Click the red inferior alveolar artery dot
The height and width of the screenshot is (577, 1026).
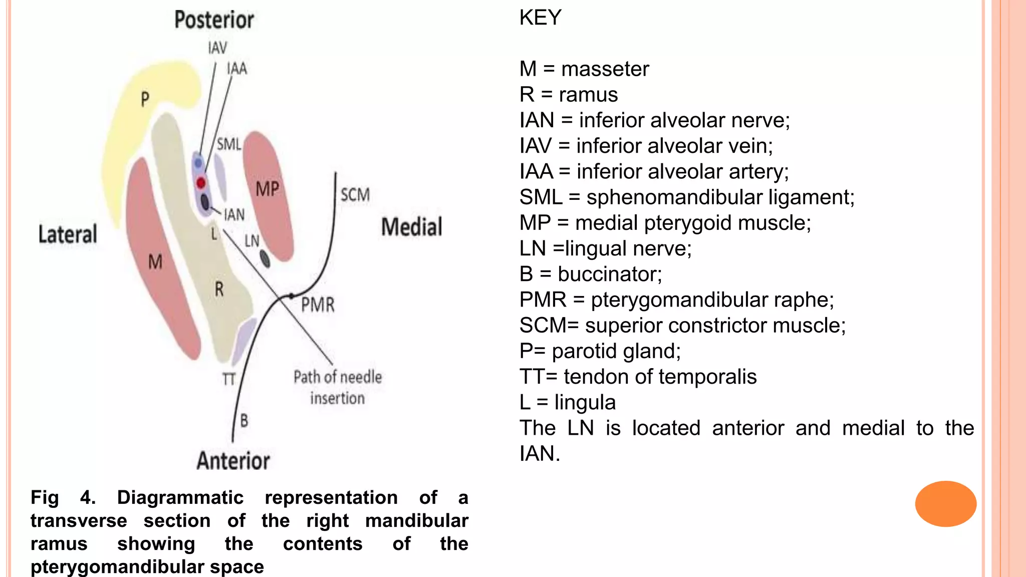tap(201, 183)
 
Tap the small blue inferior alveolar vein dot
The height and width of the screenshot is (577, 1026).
tap(198, 163)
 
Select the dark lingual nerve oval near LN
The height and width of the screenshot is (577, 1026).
tap(265, 259)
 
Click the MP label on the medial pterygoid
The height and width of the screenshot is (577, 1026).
tap(267, 189)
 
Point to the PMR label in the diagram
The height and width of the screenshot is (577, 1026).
tap(318, 305)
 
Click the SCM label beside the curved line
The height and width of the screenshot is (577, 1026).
tap(355, 195)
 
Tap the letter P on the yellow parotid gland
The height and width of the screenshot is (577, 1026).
tap(145, 99)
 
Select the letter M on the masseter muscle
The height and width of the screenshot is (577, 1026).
tap(155, 261)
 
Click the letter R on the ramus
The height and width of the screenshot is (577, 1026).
tap(219, 289)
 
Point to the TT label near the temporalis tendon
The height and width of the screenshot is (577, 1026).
tap(228, 379)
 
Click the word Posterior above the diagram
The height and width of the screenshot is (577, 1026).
tap(214, 20)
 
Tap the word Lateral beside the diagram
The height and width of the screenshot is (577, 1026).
tap(68, 234)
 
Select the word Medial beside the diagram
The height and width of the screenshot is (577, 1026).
tap(412, 227)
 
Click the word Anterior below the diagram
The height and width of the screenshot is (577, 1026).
tap(233, 461)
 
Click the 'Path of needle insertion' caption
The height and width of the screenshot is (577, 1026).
tap(337, 387)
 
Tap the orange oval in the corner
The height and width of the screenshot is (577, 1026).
tap(945, 503)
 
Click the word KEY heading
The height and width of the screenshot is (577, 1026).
tap(540, 18)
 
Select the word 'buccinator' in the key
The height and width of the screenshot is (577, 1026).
tap(609, 274)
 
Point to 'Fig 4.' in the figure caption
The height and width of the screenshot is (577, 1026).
tap(63, 497)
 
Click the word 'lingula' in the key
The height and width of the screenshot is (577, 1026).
tap(585, 402)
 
